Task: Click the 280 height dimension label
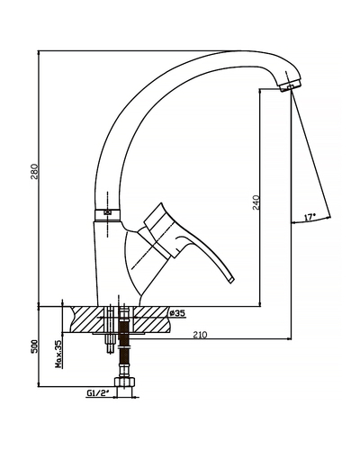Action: [36, 171]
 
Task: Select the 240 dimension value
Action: [256, 202]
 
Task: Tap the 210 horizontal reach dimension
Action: [200, 335]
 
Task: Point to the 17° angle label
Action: [310, 217]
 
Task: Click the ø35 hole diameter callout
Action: [176, 313]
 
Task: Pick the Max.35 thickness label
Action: [59, 354]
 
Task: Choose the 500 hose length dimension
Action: [35, 346]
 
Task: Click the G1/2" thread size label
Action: [97, 393]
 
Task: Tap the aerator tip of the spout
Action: [290, 85]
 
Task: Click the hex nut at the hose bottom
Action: [124, 382]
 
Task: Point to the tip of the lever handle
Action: [231, 280]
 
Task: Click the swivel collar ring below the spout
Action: [107, 215]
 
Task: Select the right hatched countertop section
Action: [151, 319]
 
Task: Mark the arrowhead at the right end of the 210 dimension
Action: [289, 339]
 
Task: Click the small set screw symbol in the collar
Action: [107, 212]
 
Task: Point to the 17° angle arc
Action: [310, 220]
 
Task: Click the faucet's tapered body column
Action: [109, 264]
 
